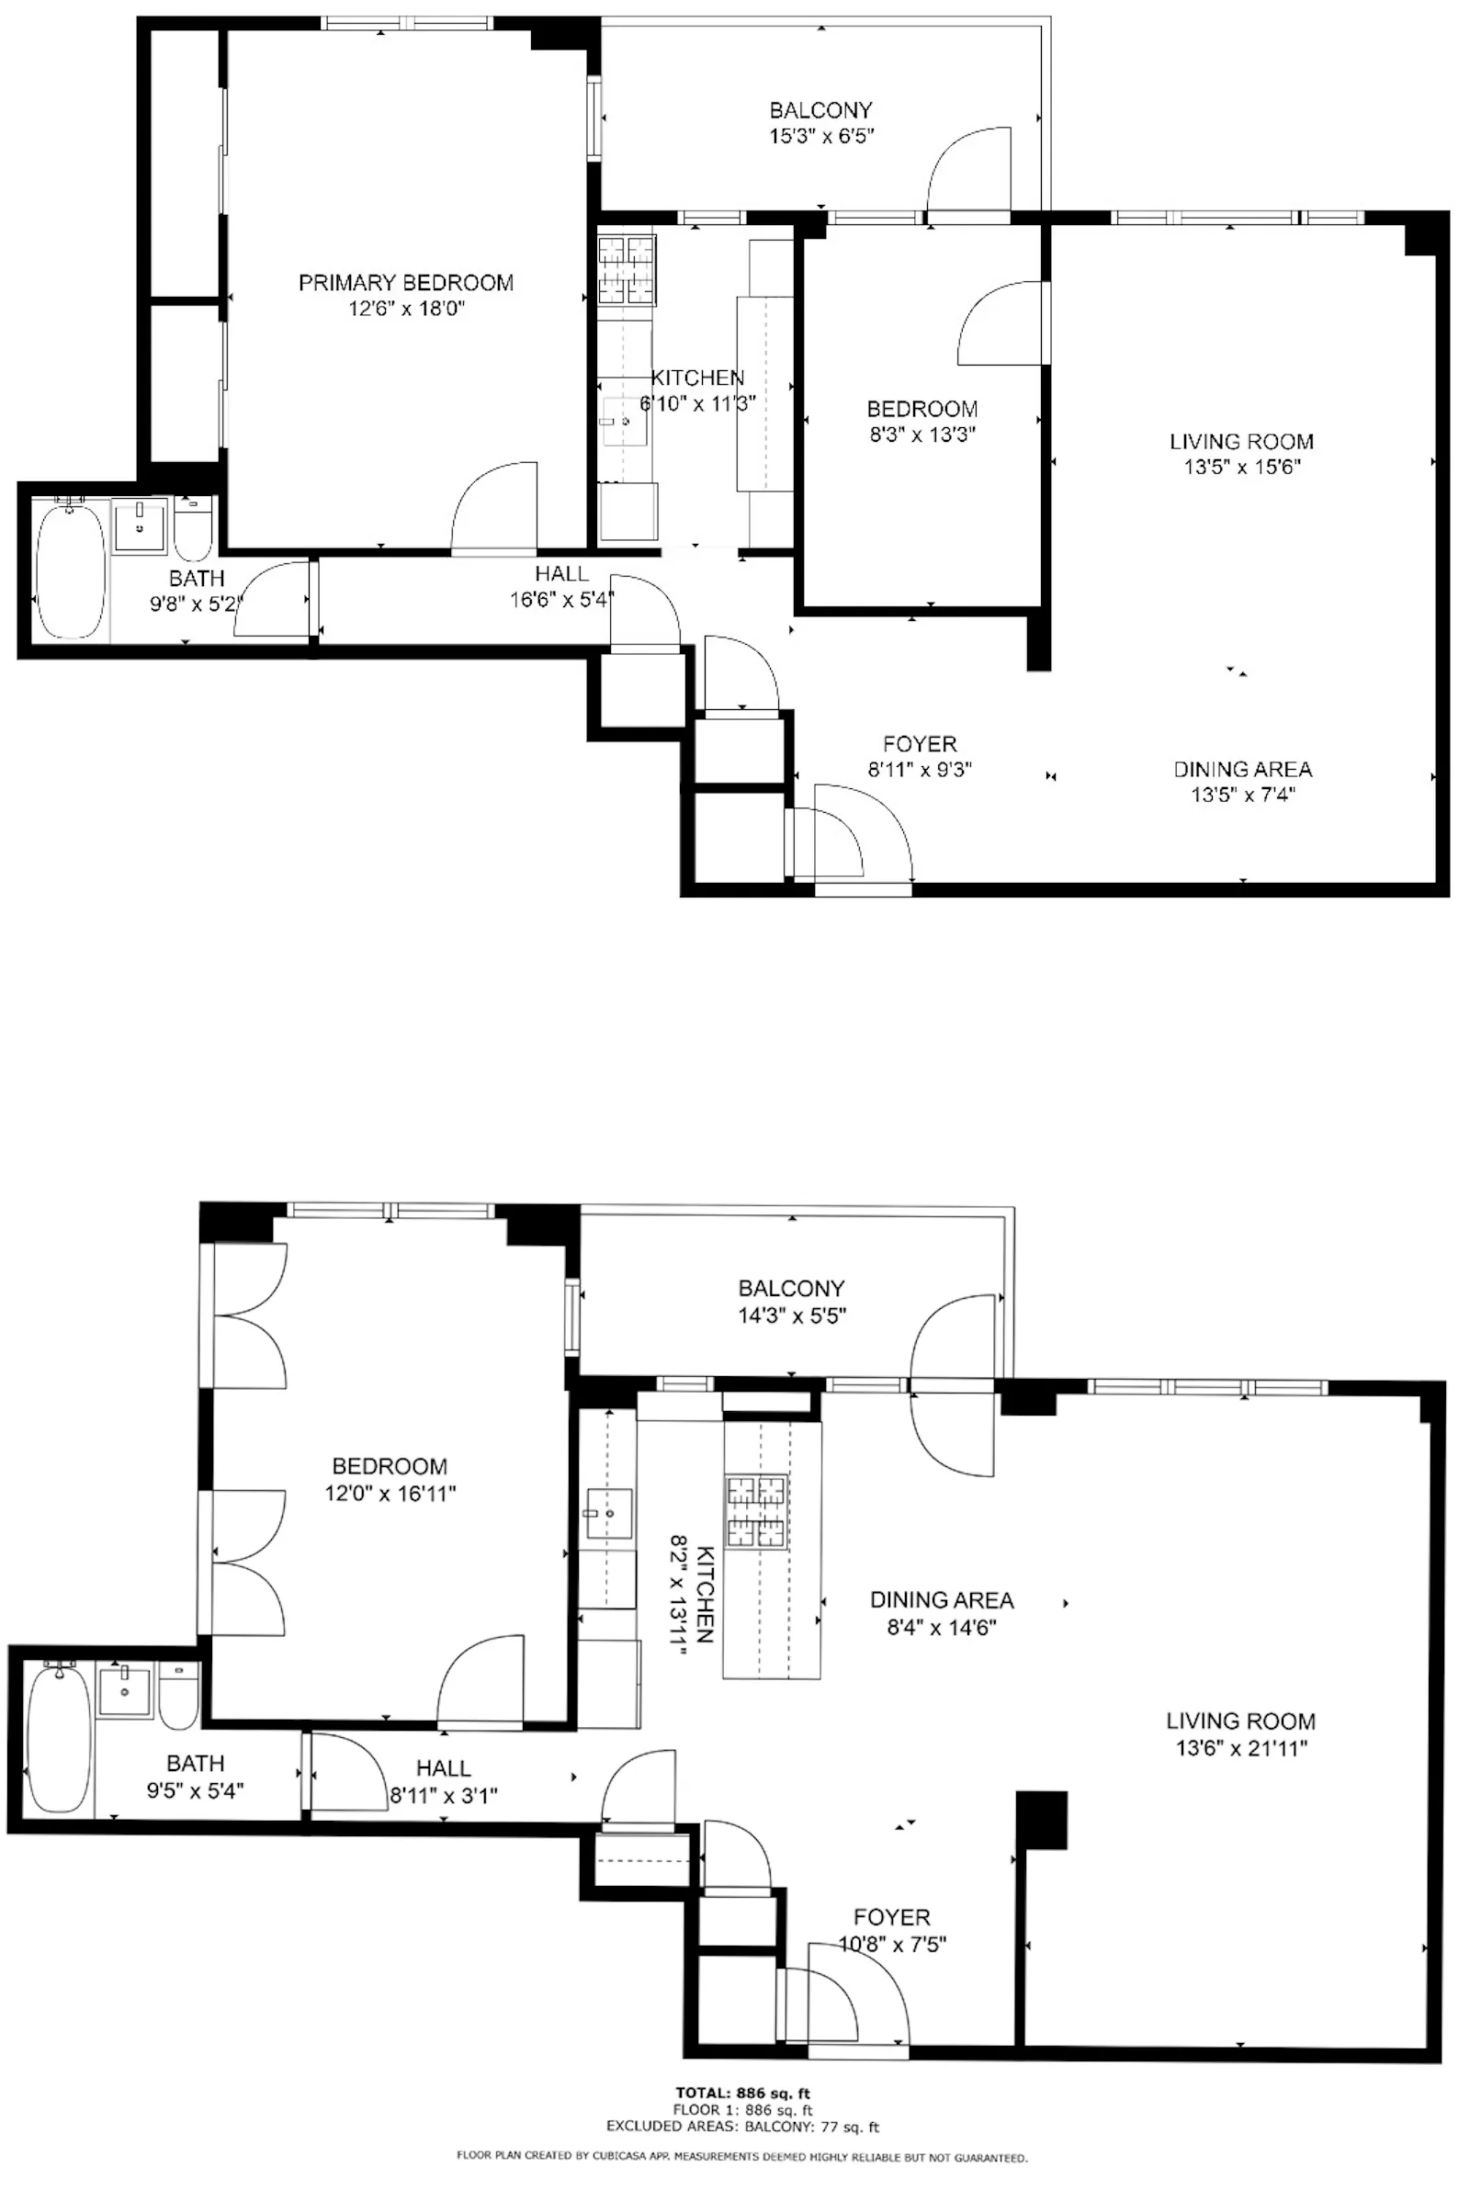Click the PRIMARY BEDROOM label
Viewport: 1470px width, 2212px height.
pyautogui.click(x=406, y=282)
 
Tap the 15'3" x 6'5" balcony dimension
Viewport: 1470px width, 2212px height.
pyautogui.click(x=821, y=136)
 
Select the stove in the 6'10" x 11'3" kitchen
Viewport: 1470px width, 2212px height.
pyautogui.click(x=627, y=269)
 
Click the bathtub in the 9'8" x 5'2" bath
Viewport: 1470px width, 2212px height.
pyautogui.click(x=71, y=570)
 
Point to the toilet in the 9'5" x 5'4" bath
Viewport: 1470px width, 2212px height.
pyautogui.click(x=178, y=1696)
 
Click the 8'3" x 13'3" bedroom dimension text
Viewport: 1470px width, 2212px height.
pyautogui.click(x=922, y=434)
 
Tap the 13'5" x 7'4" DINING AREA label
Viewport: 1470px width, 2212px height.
pyautogui.click(x=1242, y=770)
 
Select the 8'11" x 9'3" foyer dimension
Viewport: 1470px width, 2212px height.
pyautogui.click(x=919, y=770)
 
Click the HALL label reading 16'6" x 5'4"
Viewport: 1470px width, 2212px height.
pyautogui.click(x=561, y=573)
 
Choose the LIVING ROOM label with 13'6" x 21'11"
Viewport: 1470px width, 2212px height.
pyautogui.click(x=1240, y=1721)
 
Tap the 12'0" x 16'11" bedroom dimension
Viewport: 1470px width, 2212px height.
pyautogui.click(x=390, y=1493)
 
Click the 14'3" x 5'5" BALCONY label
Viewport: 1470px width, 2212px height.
pyautogui.click(x=791, y=1288)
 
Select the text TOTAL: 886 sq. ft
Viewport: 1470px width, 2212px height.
pyautogui.click(x=742, y=2093)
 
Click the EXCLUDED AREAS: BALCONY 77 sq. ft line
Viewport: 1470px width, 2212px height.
pyautogui.click(x=742, y=2127)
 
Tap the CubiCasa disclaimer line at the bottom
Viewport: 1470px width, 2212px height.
pyautogui.click(x=741, y=2157)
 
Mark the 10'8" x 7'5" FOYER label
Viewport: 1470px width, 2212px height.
pyautogui.click(x=891, y=1918)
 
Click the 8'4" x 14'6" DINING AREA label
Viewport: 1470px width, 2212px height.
pyautogui.click(x=941, y=1600)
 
